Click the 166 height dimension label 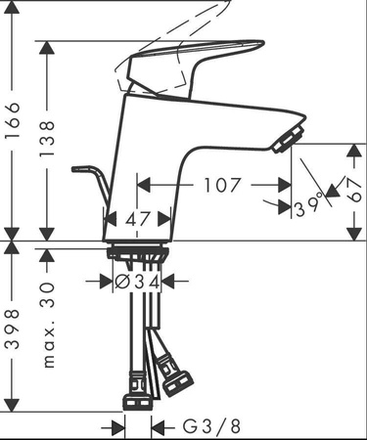coord(14,121)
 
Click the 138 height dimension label coord(47,139)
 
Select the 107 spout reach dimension coord(222,185)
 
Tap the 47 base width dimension coord(137,219)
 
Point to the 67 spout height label coord(354,190)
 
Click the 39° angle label coord(308,207)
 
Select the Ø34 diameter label coord(137,282)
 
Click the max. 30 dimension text coord(48,325)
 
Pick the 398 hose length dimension coord(13,330)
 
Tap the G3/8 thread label coord(211,426)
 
